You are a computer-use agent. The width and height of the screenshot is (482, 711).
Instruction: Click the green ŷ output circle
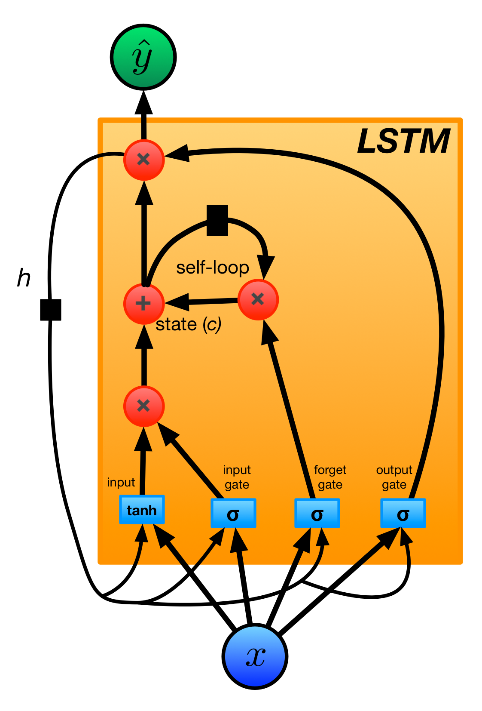143,57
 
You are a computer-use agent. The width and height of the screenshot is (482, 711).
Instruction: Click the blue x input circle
255,656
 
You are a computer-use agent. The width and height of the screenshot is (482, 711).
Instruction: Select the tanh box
142,510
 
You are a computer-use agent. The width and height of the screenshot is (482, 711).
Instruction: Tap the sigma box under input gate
233,513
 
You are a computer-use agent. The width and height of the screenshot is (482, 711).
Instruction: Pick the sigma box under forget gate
317,513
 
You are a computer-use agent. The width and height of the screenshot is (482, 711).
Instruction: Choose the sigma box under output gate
403,513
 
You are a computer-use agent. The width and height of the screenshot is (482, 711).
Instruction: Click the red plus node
144,304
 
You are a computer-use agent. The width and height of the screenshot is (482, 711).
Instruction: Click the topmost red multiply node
144,160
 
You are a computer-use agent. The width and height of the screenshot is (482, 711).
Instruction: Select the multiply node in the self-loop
258,299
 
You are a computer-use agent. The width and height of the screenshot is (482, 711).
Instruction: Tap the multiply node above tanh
144,406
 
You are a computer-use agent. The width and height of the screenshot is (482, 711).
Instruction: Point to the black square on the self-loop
217,220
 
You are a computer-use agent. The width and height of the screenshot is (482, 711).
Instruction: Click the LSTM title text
403,141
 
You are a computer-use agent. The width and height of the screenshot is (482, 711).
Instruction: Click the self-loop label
213,268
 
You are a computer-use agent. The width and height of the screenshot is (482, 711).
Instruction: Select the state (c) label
188,324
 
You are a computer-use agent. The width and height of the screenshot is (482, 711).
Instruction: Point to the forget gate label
330,477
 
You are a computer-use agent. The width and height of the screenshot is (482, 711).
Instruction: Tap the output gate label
394,477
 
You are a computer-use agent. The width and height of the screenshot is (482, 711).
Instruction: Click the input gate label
237,477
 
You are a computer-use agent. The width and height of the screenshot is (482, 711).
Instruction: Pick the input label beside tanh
121,482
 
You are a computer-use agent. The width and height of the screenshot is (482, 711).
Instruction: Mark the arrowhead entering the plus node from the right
177,302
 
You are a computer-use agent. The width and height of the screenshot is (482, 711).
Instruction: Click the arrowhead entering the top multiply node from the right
177,154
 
